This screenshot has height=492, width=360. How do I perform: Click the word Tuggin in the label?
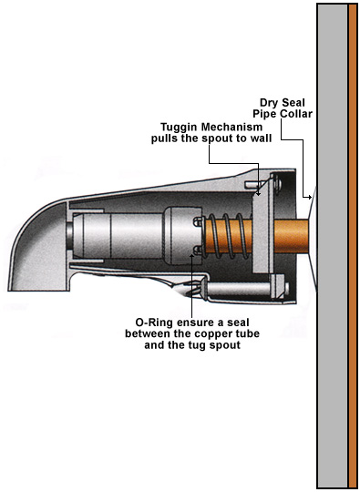(x=180, y=128)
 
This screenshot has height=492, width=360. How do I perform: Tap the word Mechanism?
(x=231, y=127)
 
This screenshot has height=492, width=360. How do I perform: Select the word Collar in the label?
(x=296, y=114)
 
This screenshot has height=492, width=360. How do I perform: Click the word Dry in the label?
(x=269, y=103)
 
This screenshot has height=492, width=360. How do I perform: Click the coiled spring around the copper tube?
(x=228, y=236)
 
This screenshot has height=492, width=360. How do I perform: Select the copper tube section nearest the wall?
(x=291, y=236)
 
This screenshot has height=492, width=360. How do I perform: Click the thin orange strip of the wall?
(x=353, y=246)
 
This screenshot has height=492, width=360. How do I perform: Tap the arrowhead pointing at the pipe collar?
(x=310, y=197)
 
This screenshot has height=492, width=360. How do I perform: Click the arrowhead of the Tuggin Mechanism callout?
(x=258, y=193)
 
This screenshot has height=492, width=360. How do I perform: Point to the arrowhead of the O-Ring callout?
(x=192, y=256)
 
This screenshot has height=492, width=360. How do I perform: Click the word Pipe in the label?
(x=264, y=114)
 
